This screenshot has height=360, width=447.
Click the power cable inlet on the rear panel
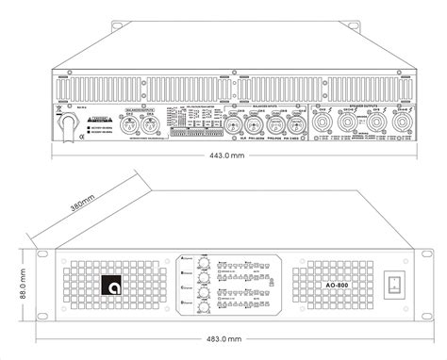click(69, 123)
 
